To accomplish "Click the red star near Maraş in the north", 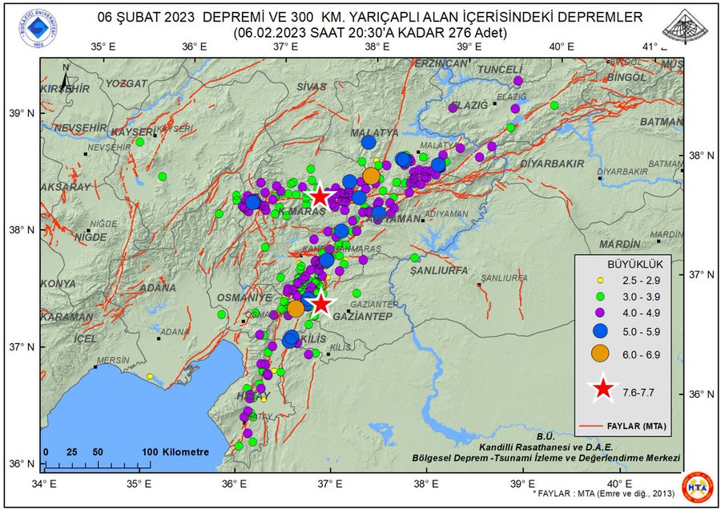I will [x=320, y=196].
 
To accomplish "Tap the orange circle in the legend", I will [x=599, y=354].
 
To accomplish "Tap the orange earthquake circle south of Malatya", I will [x=371, y=176].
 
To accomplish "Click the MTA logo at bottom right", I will [x=697, y=487].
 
